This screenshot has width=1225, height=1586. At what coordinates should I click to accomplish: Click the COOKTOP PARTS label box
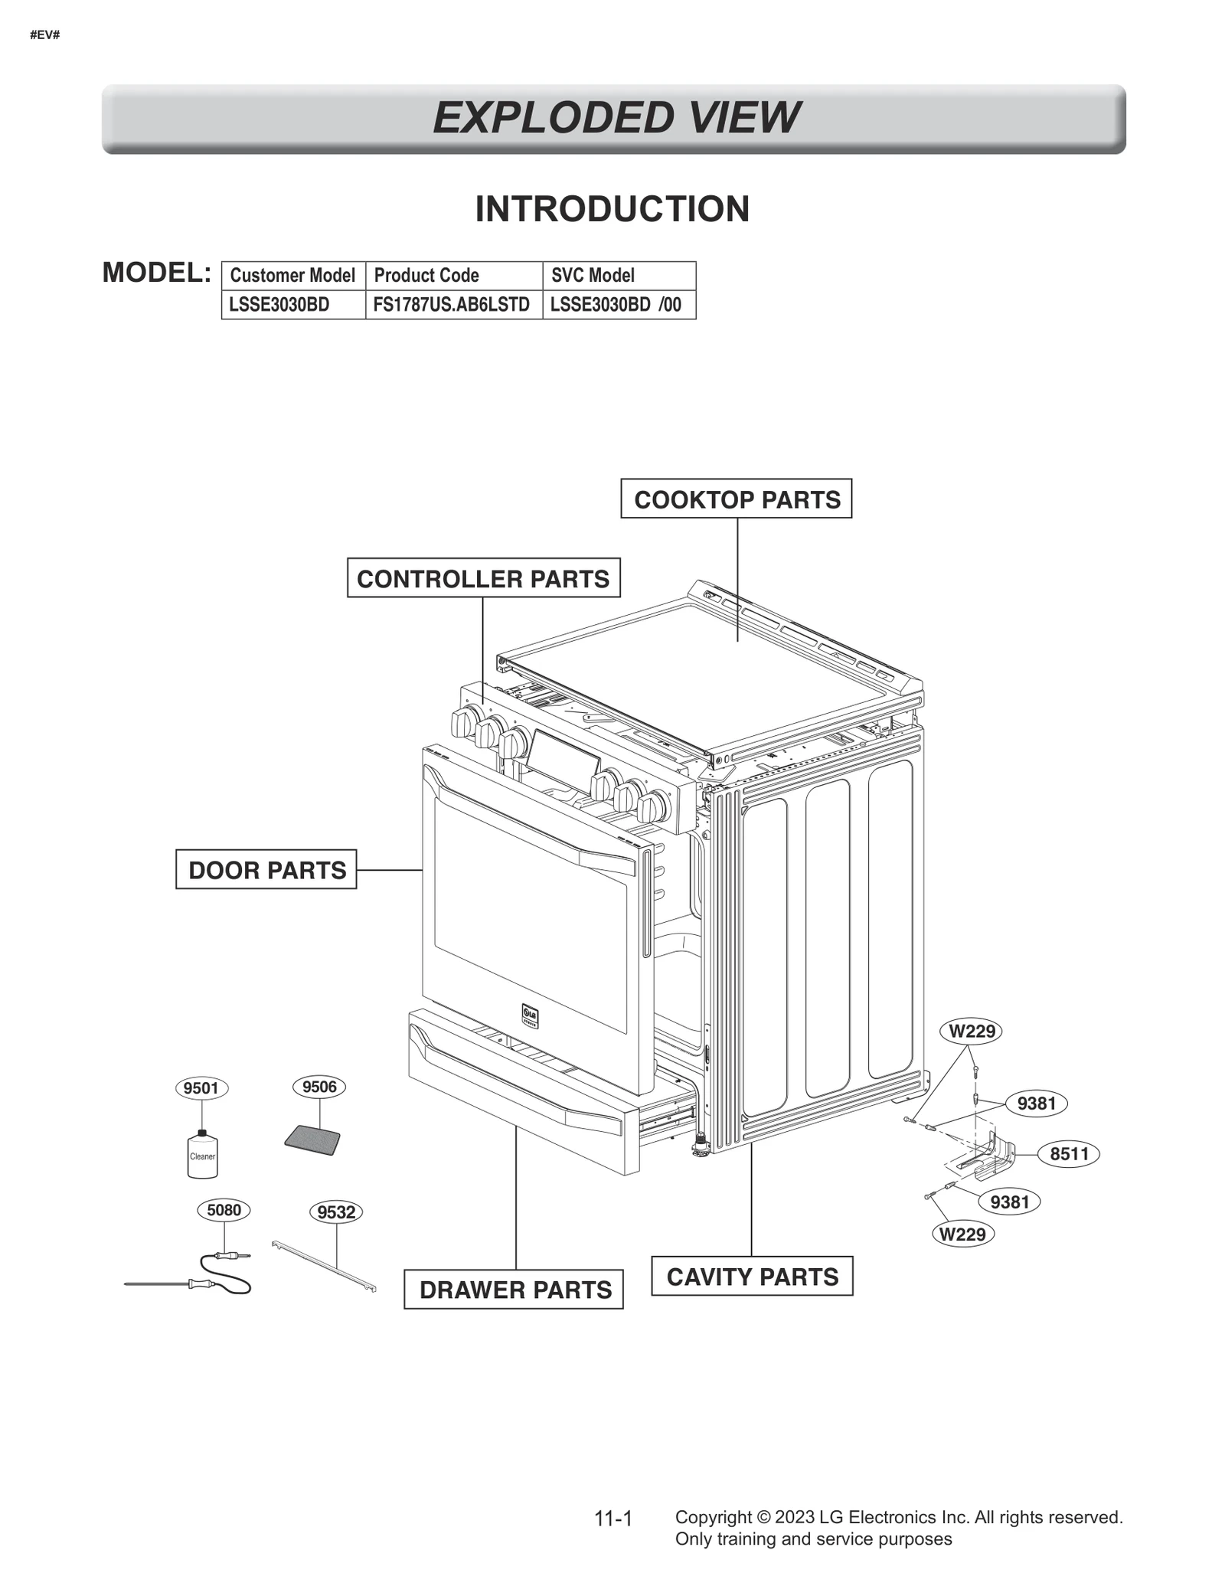(x=736, y=499)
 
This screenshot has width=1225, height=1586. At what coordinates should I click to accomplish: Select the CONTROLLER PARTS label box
(x=483, y=578)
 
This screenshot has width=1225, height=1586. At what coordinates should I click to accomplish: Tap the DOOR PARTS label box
(x=266, y=870)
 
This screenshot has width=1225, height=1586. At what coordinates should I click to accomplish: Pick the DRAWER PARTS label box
(x=514, y=1290)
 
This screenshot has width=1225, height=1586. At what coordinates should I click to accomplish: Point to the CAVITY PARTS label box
(x=752, y=1277)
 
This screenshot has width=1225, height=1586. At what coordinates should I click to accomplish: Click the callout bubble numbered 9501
(x=201, y=1088)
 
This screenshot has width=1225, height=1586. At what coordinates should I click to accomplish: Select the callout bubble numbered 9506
(x=319, y=1087)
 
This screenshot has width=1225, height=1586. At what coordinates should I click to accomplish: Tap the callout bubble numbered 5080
(x=224, y=1210)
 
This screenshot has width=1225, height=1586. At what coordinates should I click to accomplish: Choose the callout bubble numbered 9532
(x=336, y=1212)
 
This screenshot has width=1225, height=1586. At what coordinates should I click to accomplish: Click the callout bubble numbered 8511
(x=1069, y=1154)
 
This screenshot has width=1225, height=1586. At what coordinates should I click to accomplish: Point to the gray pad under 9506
(x=312, y=1140)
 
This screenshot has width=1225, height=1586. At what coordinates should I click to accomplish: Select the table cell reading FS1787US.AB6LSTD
(x=452, y=305)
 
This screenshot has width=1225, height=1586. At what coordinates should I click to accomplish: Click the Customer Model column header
(x=292, y=276)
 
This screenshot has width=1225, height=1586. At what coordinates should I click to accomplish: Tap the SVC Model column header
(x=593, y=276)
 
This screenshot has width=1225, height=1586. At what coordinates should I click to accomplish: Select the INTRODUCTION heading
(x=612, y=209)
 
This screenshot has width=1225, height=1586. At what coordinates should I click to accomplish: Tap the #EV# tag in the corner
(x=44, y=35)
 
